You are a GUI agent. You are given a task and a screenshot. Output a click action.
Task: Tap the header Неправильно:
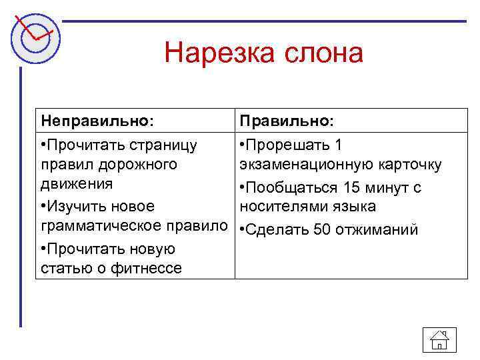[x=97, y=121]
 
